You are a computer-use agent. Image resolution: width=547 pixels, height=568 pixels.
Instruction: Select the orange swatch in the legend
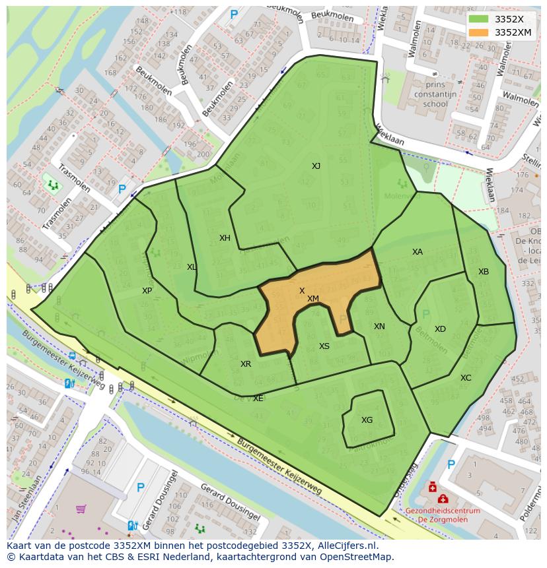[x=479, y=32]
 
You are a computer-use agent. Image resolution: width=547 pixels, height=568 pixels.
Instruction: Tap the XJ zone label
[x=316, y=166]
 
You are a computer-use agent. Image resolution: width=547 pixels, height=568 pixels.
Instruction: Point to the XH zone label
[x=225, y=238]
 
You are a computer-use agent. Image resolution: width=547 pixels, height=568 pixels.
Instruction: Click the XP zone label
[x=147, y=291]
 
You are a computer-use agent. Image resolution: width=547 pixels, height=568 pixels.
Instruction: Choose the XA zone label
[x=417, y=252]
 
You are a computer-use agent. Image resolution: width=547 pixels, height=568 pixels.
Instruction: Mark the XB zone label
[x=484, y=272]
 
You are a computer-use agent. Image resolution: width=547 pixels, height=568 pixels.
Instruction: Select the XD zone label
[x=440, y=329]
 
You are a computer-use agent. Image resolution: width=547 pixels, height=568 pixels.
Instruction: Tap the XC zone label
[x=466, y=378]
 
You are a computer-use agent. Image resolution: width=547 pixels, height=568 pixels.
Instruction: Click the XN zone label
[x=379, y=327]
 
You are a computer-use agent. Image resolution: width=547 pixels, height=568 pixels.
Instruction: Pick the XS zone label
[x=324, y=346]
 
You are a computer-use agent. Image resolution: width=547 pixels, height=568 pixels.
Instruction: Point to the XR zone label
[x=246, y=364]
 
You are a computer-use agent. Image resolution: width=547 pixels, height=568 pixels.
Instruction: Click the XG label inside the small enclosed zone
[x=367, y=420]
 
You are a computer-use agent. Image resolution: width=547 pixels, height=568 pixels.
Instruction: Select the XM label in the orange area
[x=313, y=299]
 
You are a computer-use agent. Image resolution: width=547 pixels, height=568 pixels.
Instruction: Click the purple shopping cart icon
[x=81, y=509]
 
